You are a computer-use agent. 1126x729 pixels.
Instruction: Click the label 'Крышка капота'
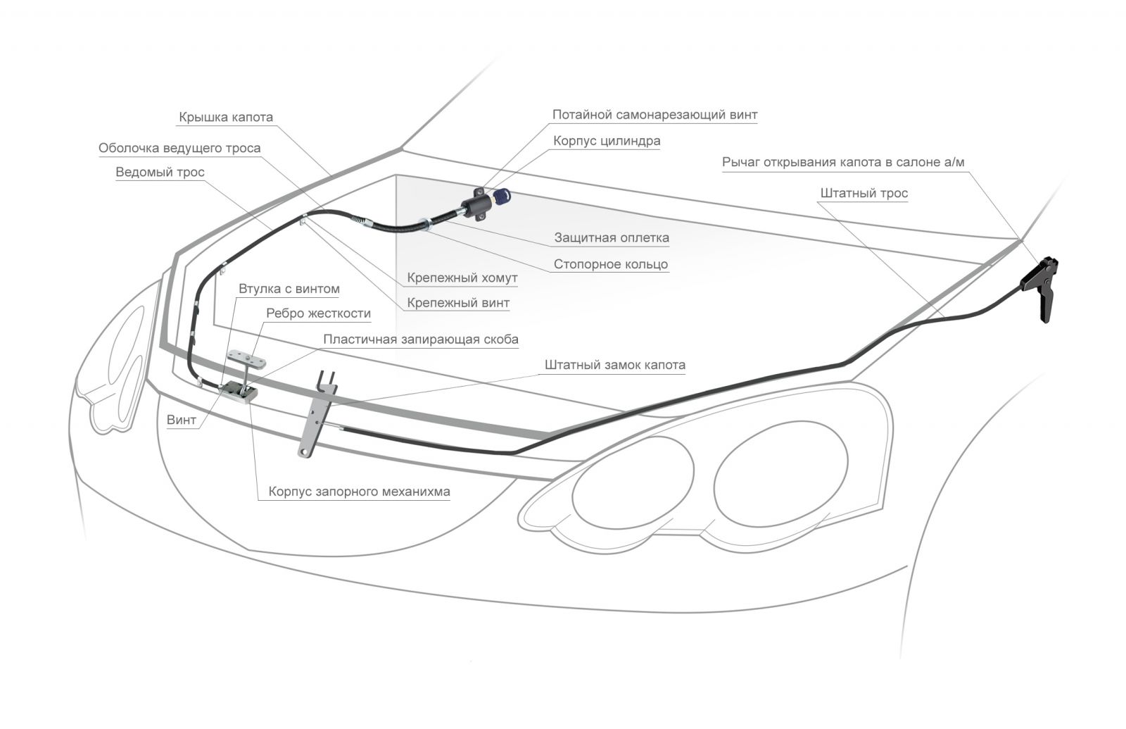[225, 117]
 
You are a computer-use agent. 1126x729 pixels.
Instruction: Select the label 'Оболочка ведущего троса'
[179, 148]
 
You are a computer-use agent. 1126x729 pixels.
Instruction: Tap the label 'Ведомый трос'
[160, 173]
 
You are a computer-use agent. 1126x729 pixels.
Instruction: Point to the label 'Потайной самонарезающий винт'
[654, 115]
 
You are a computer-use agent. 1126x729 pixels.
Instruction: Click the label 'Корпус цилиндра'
[606, 141]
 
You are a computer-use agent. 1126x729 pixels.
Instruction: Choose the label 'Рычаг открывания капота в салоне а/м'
[843, 162]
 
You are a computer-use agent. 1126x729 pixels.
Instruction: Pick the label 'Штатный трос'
[864, 193]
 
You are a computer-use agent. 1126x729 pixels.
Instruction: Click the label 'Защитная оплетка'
[611, 237]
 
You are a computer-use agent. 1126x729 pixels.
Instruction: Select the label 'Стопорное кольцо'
[610, 264]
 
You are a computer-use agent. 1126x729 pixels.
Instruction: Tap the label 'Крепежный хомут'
[462, 278]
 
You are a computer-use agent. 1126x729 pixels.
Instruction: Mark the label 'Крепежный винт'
[457, 303]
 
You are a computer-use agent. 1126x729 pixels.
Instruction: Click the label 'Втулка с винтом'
[289, 289]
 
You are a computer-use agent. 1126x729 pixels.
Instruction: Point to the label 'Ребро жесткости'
[318, 313]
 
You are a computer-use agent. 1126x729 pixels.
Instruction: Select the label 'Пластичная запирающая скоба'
[420, 339]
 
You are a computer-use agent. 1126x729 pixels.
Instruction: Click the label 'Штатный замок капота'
[614, 365]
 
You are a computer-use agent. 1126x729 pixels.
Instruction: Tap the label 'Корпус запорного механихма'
[359, 492]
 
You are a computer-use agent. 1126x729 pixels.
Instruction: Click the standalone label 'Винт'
[182, 420]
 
